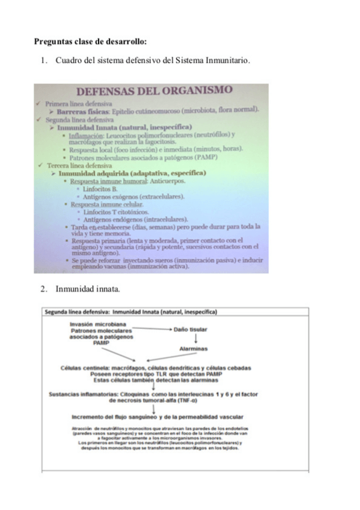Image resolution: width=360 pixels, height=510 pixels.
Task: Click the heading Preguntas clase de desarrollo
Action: [90, 42]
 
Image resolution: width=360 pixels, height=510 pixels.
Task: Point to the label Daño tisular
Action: [191, 330]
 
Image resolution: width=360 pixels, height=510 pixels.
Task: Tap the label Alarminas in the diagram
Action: [193, 349]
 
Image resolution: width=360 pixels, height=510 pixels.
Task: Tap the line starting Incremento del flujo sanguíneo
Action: [157, 416]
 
